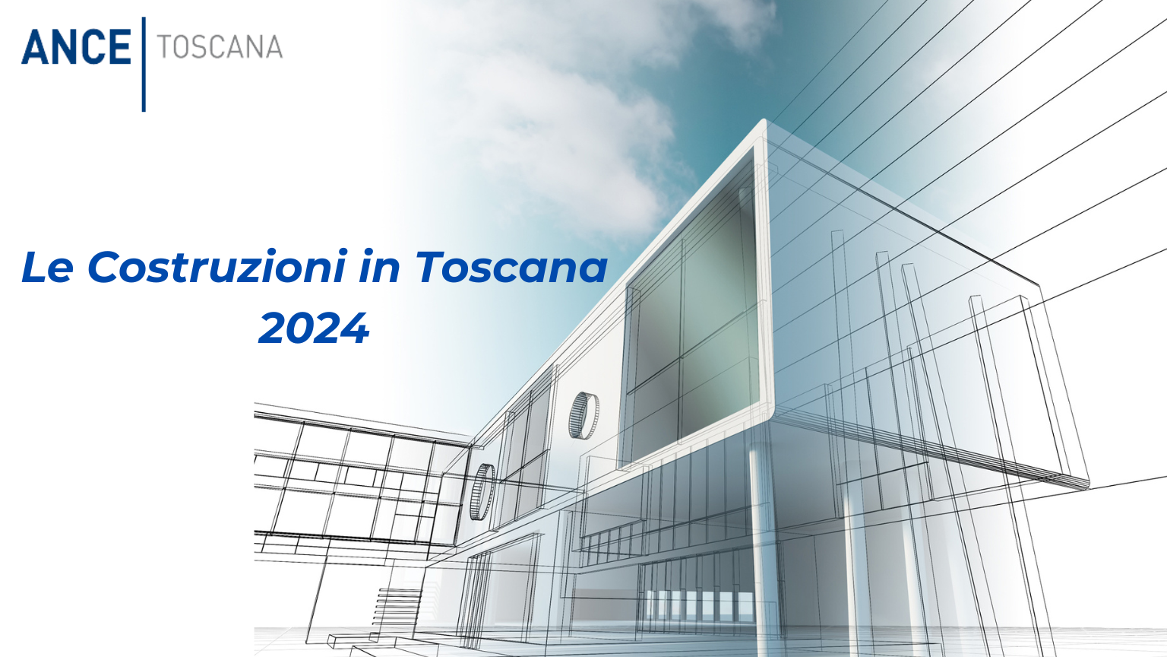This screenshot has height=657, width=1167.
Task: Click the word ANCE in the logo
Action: pyautogui.click(x=76, y=47)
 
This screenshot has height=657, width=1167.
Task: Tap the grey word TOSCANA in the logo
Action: pyautogui.click(x=220, y=47)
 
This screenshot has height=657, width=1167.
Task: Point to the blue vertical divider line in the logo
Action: pyautogui.click(x=144, y=64)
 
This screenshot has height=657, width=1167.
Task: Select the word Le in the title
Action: pyautogui.click(x=46, y=267)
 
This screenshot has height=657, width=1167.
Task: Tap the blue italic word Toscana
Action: pyautogui.click(x=512, y=267)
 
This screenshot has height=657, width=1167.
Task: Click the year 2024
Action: pyautogui.click(x=314, y=328)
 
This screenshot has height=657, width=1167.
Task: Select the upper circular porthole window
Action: pyautogui.click(x=583, y=416)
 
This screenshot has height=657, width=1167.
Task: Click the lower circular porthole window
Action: pyautogui.click(x=482, y=492)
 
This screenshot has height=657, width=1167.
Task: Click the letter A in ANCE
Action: pyautogui.click(x=34, y=47)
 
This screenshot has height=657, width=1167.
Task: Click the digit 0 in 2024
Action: pyautogui.click(x=300, y=328)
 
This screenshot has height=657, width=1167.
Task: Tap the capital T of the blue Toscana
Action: pyautogui.click(x=432, y=267)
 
